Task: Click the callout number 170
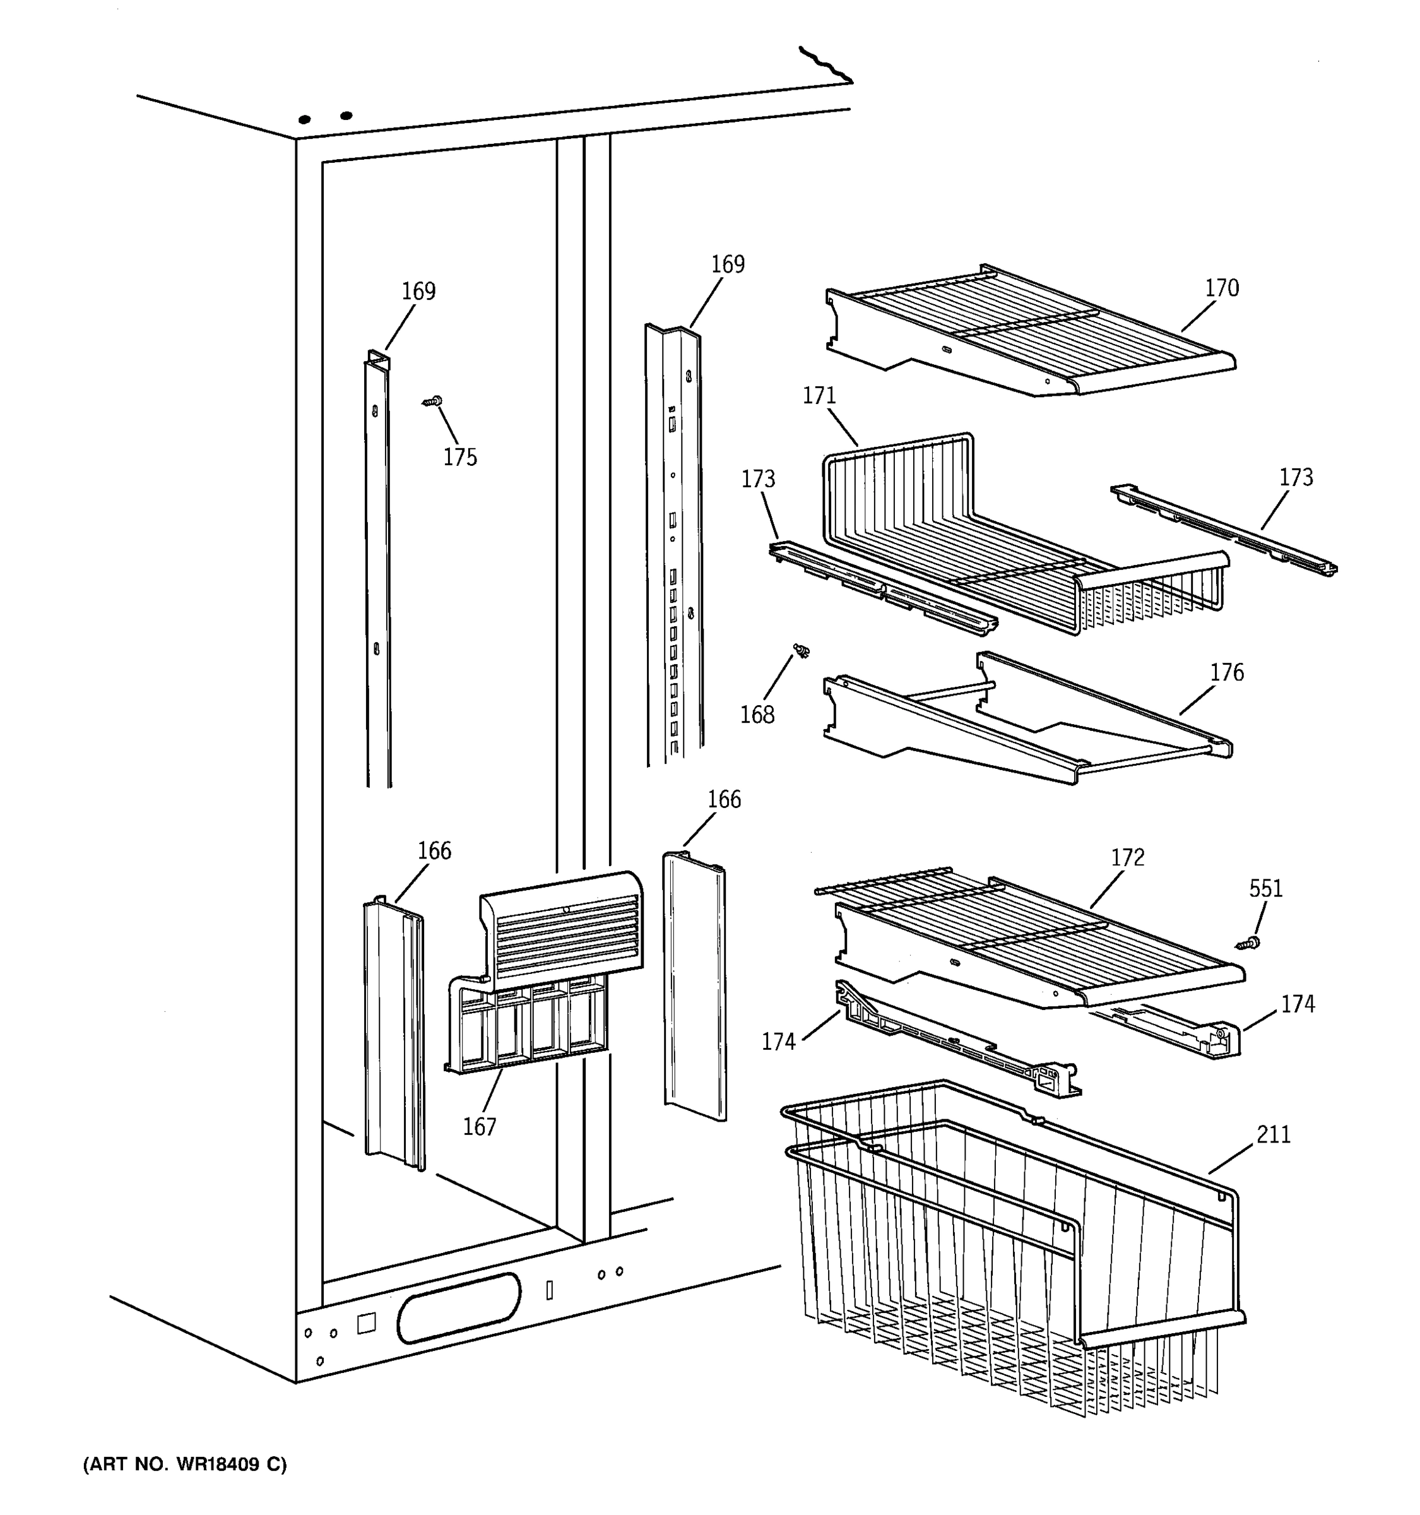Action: pyautogui.click(x=1221, y=288)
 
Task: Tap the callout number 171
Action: pyautogui.click(x=819, y=396)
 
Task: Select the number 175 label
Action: pyautogui.click(x=460, y=457)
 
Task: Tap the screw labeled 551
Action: pyautogui.click(x=1248, y=944)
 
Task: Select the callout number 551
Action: pyautogui.click(x=1265, y=889)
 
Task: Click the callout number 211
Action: pyautogui.click(x=1273, y=1135)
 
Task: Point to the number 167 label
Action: pyautogui.click(x=479, y=1126)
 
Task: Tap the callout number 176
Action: pyautogui.click(x=1226, y=672)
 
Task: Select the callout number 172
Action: pyautogui.click(x=1127, y=858)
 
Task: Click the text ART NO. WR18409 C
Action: pyautogui.click(x=185, y=1464)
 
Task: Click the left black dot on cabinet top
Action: pyautogui.click(x=304, y=120)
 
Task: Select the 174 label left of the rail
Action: pyautogui.click(x=778, y=1042)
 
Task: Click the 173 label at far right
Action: pyautogui.click(x=1296, y=478)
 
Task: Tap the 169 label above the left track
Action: pyautogui.click(x=418, y=291)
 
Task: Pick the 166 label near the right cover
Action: pyautogui.click(x=724, y=799)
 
